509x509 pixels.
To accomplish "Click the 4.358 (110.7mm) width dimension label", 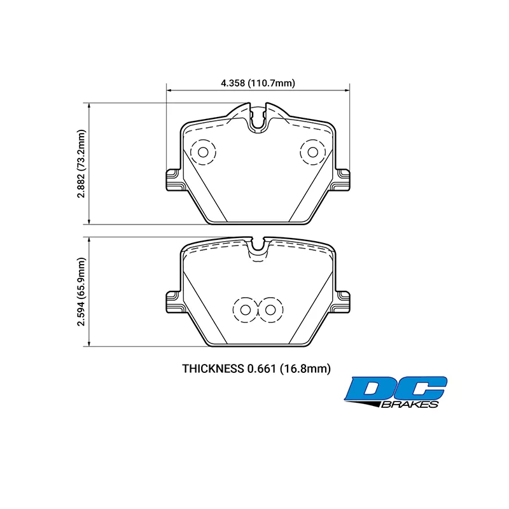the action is coord(258,83).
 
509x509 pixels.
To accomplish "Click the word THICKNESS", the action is coord(213,369).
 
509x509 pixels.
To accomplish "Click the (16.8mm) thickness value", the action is coord(305,369).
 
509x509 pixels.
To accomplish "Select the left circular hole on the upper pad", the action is coord(203,152).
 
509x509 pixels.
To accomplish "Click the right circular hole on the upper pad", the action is coord(312,152).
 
